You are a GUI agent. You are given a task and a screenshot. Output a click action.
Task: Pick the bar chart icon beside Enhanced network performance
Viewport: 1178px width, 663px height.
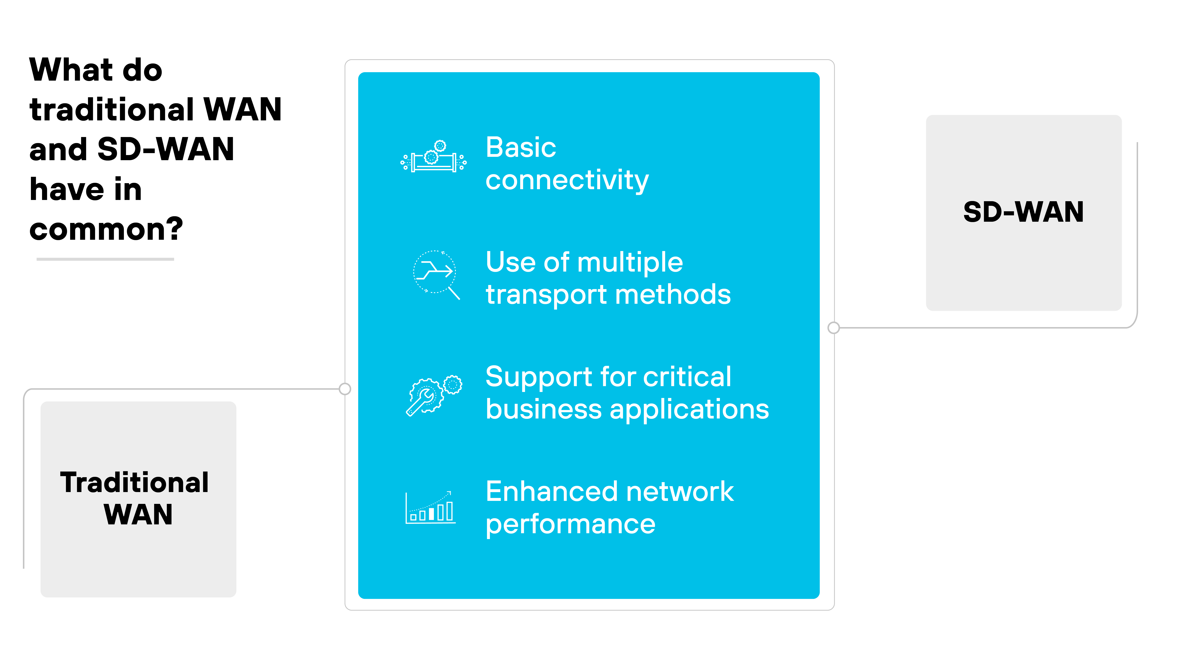click(430, 508)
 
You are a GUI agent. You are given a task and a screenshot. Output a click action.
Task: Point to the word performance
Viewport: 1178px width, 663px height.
click(570, 525)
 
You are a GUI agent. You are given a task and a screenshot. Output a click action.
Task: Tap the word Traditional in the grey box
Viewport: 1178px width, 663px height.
click(134, 483)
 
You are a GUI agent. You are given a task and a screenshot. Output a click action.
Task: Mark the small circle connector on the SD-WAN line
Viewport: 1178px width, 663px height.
click(834, 328)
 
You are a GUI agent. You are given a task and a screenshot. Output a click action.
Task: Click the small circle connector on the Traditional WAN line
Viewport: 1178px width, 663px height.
click(345, 389)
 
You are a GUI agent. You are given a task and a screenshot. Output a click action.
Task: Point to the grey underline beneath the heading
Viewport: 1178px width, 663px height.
click(105, 259)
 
